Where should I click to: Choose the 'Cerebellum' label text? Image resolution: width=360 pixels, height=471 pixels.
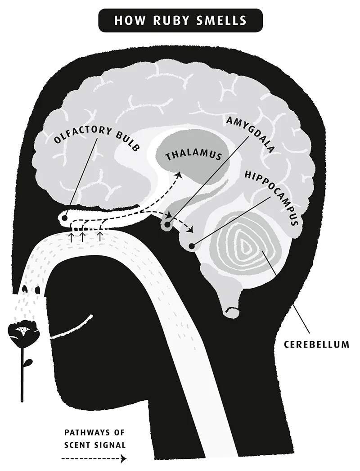tap(316, 345)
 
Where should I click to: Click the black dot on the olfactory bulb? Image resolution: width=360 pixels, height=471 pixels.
tap(65, 218)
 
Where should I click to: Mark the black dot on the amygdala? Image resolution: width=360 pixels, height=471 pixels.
tap(167, 224)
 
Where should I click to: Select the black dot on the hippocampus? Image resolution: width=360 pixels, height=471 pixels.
tap(192, 246)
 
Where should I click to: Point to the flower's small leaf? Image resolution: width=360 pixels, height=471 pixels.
tap(29, 362)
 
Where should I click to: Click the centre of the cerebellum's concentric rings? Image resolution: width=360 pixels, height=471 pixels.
tap(246, 246)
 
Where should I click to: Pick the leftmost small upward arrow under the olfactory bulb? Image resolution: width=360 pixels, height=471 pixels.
tap(71, 236)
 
